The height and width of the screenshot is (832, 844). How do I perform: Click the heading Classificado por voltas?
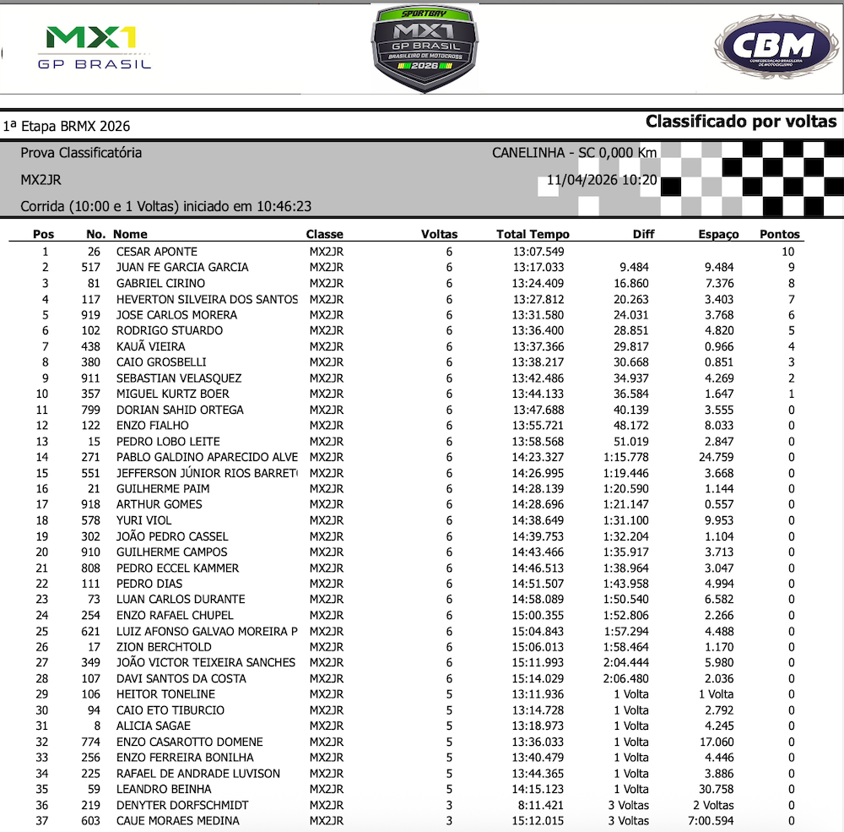741,122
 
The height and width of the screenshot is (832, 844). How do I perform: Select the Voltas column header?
439,234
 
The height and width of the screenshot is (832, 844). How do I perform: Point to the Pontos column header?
780,234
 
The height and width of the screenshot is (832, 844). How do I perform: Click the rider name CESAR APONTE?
157,252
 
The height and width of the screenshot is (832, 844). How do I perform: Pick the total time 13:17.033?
530,267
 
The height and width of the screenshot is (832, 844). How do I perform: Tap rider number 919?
90,315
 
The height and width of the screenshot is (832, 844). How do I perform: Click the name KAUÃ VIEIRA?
151,346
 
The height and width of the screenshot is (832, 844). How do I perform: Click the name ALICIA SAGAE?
154,726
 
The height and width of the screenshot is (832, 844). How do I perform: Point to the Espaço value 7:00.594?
714,821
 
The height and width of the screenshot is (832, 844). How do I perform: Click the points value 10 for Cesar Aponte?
788,252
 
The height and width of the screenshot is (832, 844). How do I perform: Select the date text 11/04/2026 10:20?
602,180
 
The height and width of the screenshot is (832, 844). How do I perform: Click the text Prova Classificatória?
81,153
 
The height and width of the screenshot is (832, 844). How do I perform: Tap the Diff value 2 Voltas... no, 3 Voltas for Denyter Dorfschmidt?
629,805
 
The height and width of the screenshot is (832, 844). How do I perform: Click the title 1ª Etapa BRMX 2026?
66,127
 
